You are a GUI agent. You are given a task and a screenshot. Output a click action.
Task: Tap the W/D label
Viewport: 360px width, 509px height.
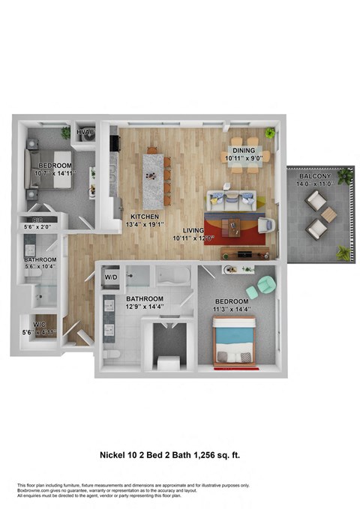[111, 277]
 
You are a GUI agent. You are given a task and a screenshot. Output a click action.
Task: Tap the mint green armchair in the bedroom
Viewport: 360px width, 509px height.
[266, 286]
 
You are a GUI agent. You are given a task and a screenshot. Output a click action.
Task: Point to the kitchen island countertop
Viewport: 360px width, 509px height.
[153, 178]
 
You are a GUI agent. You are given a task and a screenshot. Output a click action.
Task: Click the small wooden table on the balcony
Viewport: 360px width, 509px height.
[327, 216]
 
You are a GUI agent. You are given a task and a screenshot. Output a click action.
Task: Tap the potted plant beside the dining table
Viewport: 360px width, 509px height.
[271, 134]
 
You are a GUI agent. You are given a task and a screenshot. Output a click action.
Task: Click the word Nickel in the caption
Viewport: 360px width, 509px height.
[115, 454]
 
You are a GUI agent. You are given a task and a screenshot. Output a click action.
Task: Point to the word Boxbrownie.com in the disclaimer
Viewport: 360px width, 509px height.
[33, 490]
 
